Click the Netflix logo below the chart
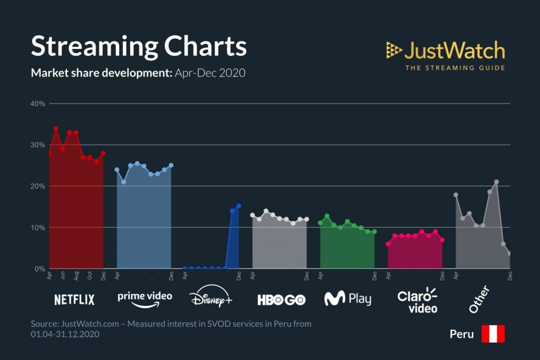pyautogui.click(x=74, y=300)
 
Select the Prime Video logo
pyautogui.click(x=144, y=299)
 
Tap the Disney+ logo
pyautogui.click(x=211, y=299)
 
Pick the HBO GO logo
pyautogui.click(x=281, y=300)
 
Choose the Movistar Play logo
pyautogui.click(x=348, y=299)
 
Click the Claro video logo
pyautogui.click(x=417, y=300)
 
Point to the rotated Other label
pyautogui.click(x=479, y=299)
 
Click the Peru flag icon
pyautogui.click(x=493, y=334)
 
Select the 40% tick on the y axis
pyautogui.click(x=38, y=103)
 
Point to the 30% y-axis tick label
pyautogui.click(x=38, y=145)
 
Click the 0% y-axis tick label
pyautogui.click(x=40, y=269)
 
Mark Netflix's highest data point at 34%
pyautogui.click(x=56, y=128)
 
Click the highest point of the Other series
pyautogui.click(x=496, y=182)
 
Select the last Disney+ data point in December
pyautogui.click(x=238, y=206)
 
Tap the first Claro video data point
pyautogui.click(x=388, y=244)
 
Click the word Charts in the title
pyautogui.click(x=205, y=47)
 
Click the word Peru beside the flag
pyautogui.click(x=461, y=334)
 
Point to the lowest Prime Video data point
pyautogui.click(x=123, y=182)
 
